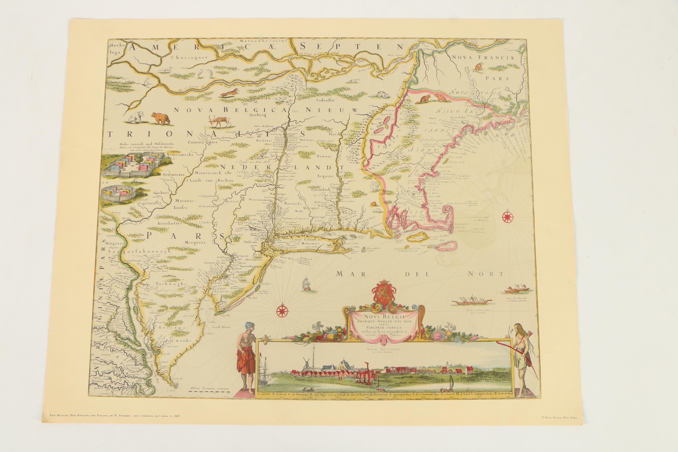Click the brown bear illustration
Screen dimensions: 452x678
point(161,118)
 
